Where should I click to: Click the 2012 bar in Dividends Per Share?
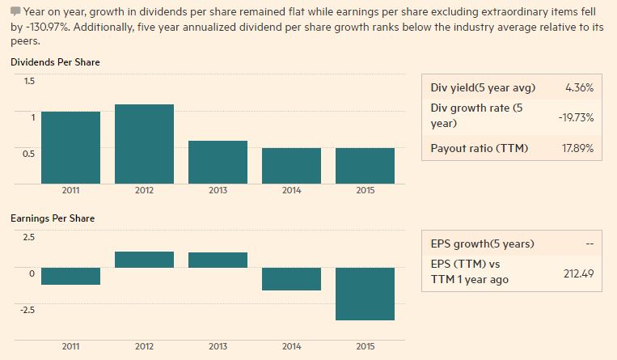click(144, 143)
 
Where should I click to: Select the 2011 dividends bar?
click(70, 146)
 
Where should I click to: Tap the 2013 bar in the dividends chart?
click(218, 162)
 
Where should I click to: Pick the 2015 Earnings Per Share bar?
click(365, 294)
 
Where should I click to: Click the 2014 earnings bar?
click(291, 278)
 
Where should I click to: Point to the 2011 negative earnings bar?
click(70, 276)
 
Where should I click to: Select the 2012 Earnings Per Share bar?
click(144, 260)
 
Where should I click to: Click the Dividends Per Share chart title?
click(56, 62)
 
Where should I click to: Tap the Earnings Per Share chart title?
click(53, 218)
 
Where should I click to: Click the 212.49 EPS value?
click(578, 273)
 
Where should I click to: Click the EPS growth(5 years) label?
click(482, 244)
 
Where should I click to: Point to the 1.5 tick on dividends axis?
click(29, 81)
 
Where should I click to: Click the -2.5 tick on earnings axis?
click(27, 310)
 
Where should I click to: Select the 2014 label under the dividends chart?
click(291, 190)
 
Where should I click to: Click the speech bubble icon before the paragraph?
click(16, 11)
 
